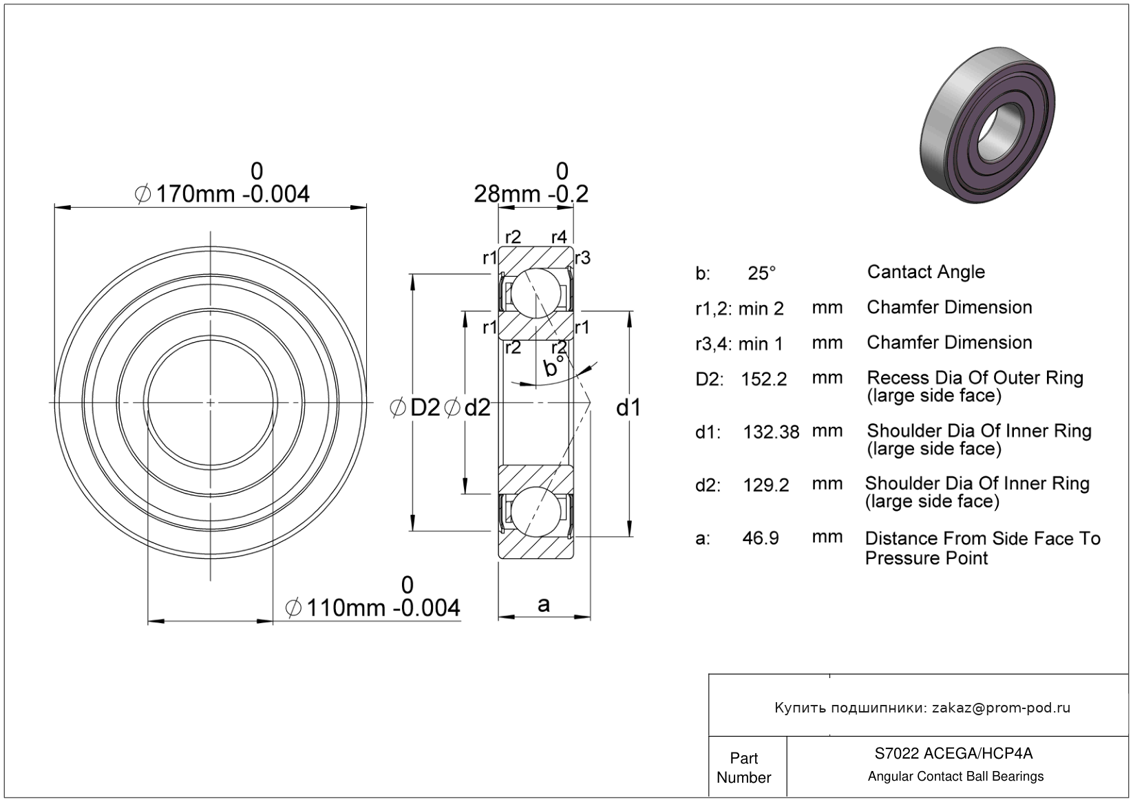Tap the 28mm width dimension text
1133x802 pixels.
[x=531, y=194]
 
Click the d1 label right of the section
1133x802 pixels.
[x=628, y=408]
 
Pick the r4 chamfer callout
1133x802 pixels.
[x=559, y=236]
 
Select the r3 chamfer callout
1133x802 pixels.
[x=583, y=258]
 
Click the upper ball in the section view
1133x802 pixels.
[x=536, y=293]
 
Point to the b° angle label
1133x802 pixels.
[x=553, y=366]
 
